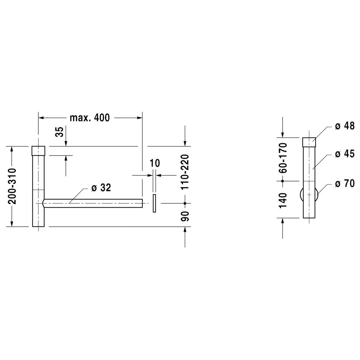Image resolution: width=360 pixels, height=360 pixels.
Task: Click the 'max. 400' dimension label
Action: click(x=90, y=118)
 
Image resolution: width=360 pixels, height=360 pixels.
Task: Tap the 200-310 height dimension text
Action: click(x=12, y=186)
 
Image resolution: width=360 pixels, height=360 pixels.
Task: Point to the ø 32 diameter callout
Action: click(x=101, y=188)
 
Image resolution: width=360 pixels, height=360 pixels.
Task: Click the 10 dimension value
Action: click(x=155, y=163)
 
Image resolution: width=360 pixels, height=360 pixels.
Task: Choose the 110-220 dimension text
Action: click(x=185, y=172)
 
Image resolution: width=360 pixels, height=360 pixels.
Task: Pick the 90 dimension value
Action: click(x=185, y=216)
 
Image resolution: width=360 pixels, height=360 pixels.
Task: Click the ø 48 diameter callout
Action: click(x=345, y=126)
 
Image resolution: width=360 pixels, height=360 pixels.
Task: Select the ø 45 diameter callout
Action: click(x=345, y=154)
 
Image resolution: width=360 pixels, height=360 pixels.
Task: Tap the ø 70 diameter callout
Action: click(x=345, y=183)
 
